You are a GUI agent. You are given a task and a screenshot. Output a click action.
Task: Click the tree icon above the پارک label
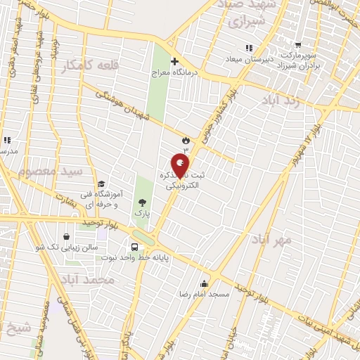click(x=143, y=202)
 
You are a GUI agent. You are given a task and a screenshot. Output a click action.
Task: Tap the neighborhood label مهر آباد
click(x=272, y=240)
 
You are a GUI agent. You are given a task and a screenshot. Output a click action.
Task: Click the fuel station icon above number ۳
click(x=186, y=140)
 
